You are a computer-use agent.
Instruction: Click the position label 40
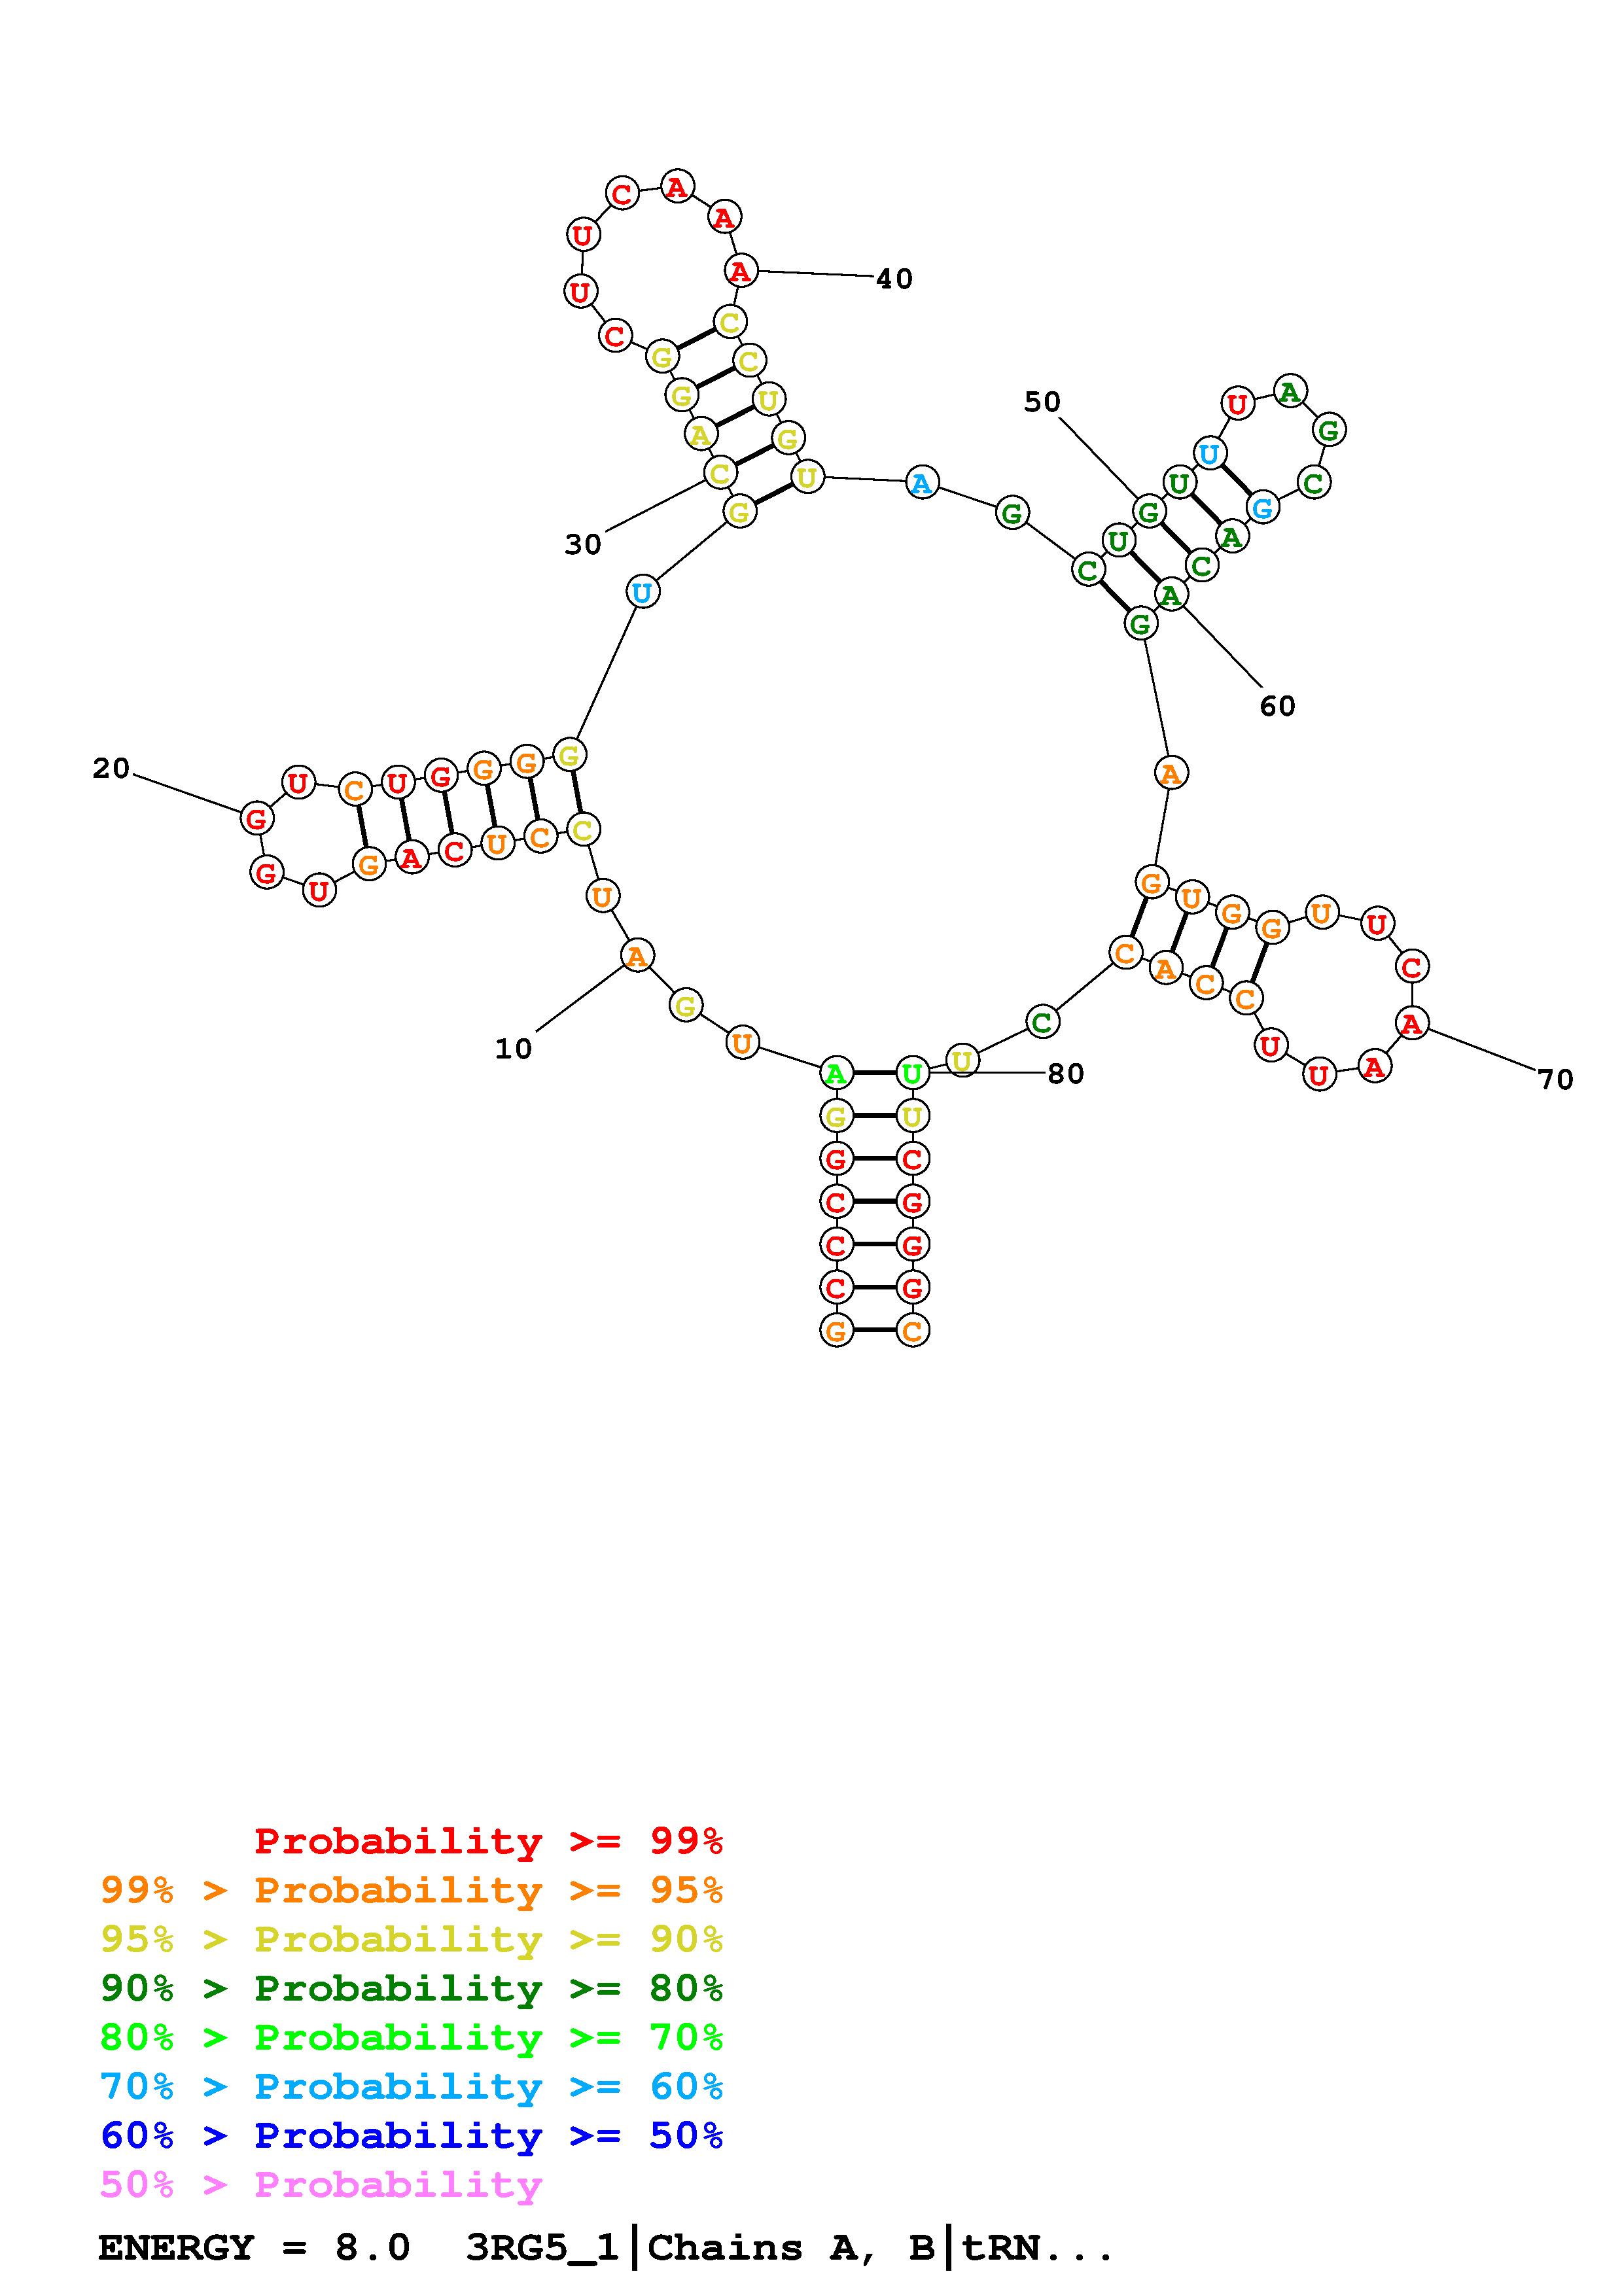894,279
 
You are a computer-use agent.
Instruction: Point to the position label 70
1555,1079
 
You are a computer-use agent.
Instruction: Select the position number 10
514,1049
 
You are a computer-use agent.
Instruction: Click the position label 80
1065,1074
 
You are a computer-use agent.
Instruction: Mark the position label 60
1277,706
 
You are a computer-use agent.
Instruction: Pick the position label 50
1042,402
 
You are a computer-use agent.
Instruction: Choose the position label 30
582,545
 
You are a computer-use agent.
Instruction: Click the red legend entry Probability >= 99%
489,1841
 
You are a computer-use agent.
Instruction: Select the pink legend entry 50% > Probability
321,2185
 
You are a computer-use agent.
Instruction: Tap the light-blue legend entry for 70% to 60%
411,2087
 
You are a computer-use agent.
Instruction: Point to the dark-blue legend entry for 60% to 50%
411,2136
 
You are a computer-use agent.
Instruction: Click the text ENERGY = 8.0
254,2248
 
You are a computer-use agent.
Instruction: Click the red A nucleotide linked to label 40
739,270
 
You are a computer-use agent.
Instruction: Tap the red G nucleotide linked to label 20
256,818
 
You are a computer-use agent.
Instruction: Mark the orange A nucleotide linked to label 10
635,956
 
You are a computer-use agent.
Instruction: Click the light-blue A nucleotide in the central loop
921,483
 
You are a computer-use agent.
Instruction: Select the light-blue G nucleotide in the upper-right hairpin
1262,508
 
